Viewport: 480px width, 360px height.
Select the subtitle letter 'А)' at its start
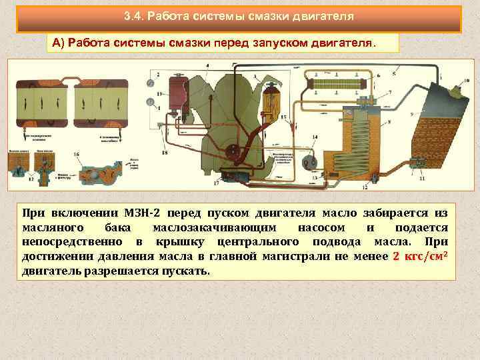click(x=59, y=43)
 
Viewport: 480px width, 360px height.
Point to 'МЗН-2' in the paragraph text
click(x=143, y=213)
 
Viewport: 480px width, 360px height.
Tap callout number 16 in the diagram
click(x=77, y=154)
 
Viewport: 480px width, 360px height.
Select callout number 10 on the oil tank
click(x=465, y=81)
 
